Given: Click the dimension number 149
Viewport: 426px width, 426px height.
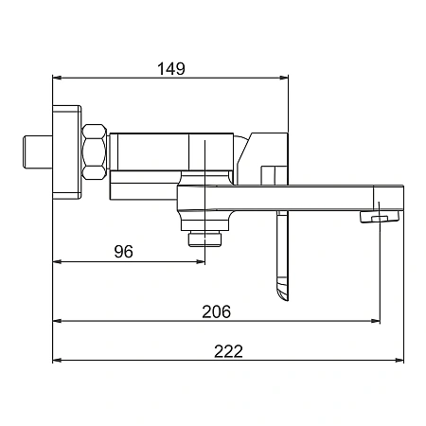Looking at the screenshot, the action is (171, 68).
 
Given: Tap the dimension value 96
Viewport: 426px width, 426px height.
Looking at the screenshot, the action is (124, 252).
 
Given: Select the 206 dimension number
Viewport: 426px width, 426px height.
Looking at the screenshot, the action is (217, 311).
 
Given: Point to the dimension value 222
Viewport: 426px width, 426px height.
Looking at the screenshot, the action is (229, 351).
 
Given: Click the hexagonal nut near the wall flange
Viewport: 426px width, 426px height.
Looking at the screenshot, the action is (95, 151).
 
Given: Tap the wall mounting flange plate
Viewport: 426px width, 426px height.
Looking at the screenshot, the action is (67, 152).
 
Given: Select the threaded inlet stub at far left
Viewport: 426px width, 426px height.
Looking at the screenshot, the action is (38, 151).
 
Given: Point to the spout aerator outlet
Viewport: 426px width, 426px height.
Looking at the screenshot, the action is (380, 217).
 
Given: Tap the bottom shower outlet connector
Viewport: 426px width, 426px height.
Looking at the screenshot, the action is (204, 240).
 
